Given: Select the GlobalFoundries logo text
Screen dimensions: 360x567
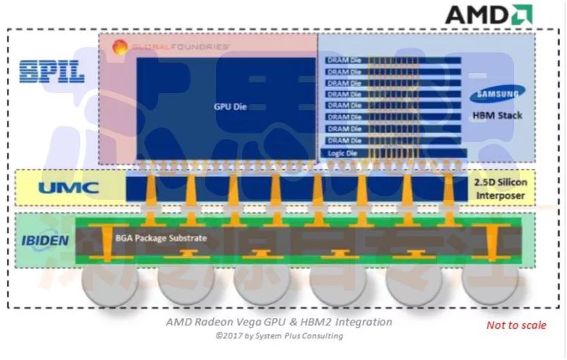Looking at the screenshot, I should click(181, 47).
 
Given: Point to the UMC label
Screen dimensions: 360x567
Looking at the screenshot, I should click(69, 188).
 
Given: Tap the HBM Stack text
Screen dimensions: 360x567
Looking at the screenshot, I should click(497, 116).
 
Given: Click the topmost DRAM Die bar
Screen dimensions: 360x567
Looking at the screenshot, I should click(391, 61).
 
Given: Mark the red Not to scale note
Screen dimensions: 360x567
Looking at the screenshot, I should click(515, 325).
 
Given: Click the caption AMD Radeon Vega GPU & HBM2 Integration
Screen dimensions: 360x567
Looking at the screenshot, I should click(279, 322).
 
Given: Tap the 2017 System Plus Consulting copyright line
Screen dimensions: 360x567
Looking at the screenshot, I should click(279, 336).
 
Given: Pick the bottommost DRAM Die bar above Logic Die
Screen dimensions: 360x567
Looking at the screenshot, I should click(391, 140).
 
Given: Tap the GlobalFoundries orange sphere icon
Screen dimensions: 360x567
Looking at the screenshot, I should click(120, 47).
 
